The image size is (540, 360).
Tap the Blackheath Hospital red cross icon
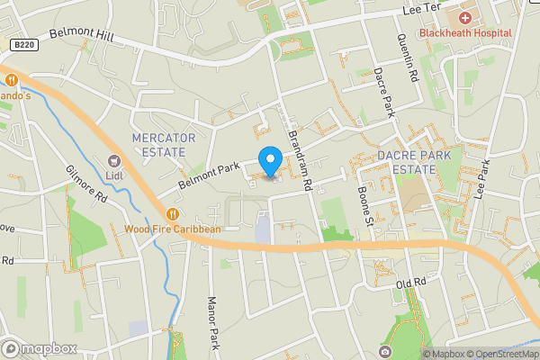(465, 17)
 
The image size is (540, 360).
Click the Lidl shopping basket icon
(113, 160)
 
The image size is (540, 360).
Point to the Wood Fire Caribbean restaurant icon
(172, 213)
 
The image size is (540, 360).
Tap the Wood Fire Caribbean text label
(173, 229)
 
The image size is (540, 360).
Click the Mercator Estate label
(163, 144)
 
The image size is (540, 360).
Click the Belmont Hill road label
(80, 33)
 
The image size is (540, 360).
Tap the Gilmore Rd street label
(86, 184)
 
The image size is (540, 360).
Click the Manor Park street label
(213, 324)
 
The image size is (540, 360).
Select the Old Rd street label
(409, 284)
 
